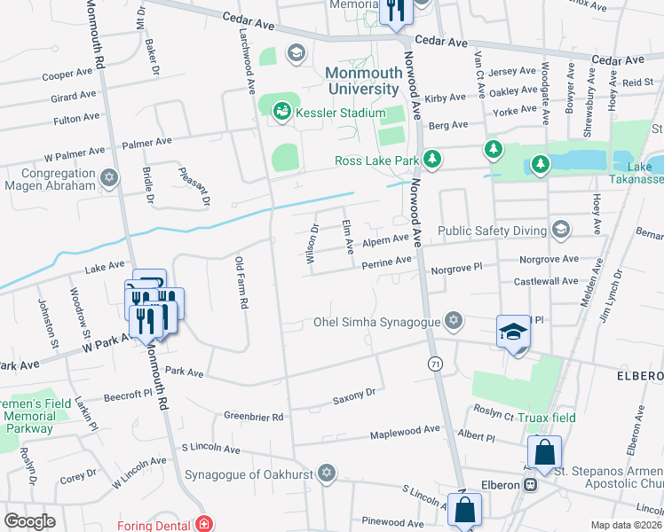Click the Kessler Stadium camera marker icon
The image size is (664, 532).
coord(281,112)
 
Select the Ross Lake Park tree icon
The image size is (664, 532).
coord(431,160)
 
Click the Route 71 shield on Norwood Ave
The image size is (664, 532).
coord(435,364)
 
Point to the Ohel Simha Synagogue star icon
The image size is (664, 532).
coord(454,320)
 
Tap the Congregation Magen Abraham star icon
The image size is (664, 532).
coord(109,179)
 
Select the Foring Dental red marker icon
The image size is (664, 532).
coord(204,523)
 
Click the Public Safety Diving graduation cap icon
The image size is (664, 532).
coord(559,231)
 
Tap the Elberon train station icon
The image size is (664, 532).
coord(531,485)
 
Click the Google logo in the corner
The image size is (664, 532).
coord(29,521)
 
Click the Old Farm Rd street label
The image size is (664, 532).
coord(240,282)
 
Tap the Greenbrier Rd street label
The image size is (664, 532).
coord(253,416)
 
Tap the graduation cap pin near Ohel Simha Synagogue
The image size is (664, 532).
coord(513,333)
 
